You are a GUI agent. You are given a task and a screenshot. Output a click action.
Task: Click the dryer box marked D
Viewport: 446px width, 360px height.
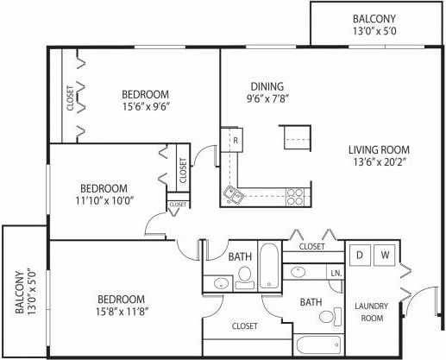[x=360, y=256]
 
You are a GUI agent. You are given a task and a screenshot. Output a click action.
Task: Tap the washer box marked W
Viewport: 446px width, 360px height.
[x=386, y=256]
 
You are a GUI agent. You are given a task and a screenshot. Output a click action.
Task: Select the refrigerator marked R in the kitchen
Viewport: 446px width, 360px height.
[x=233, y=140]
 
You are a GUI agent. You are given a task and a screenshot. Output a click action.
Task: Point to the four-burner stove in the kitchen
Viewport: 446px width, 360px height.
[x=295, y=197]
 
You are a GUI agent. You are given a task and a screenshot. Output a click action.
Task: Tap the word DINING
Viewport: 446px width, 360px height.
[x=267, y=86]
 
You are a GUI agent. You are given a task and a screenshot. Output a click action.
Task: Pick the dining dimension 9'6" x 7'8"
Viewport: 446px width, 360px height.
[x=267, y=99]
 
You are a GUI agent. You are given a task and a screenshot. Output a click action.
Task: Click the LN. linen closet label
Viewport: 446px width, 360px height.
[x=335, y=274]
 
